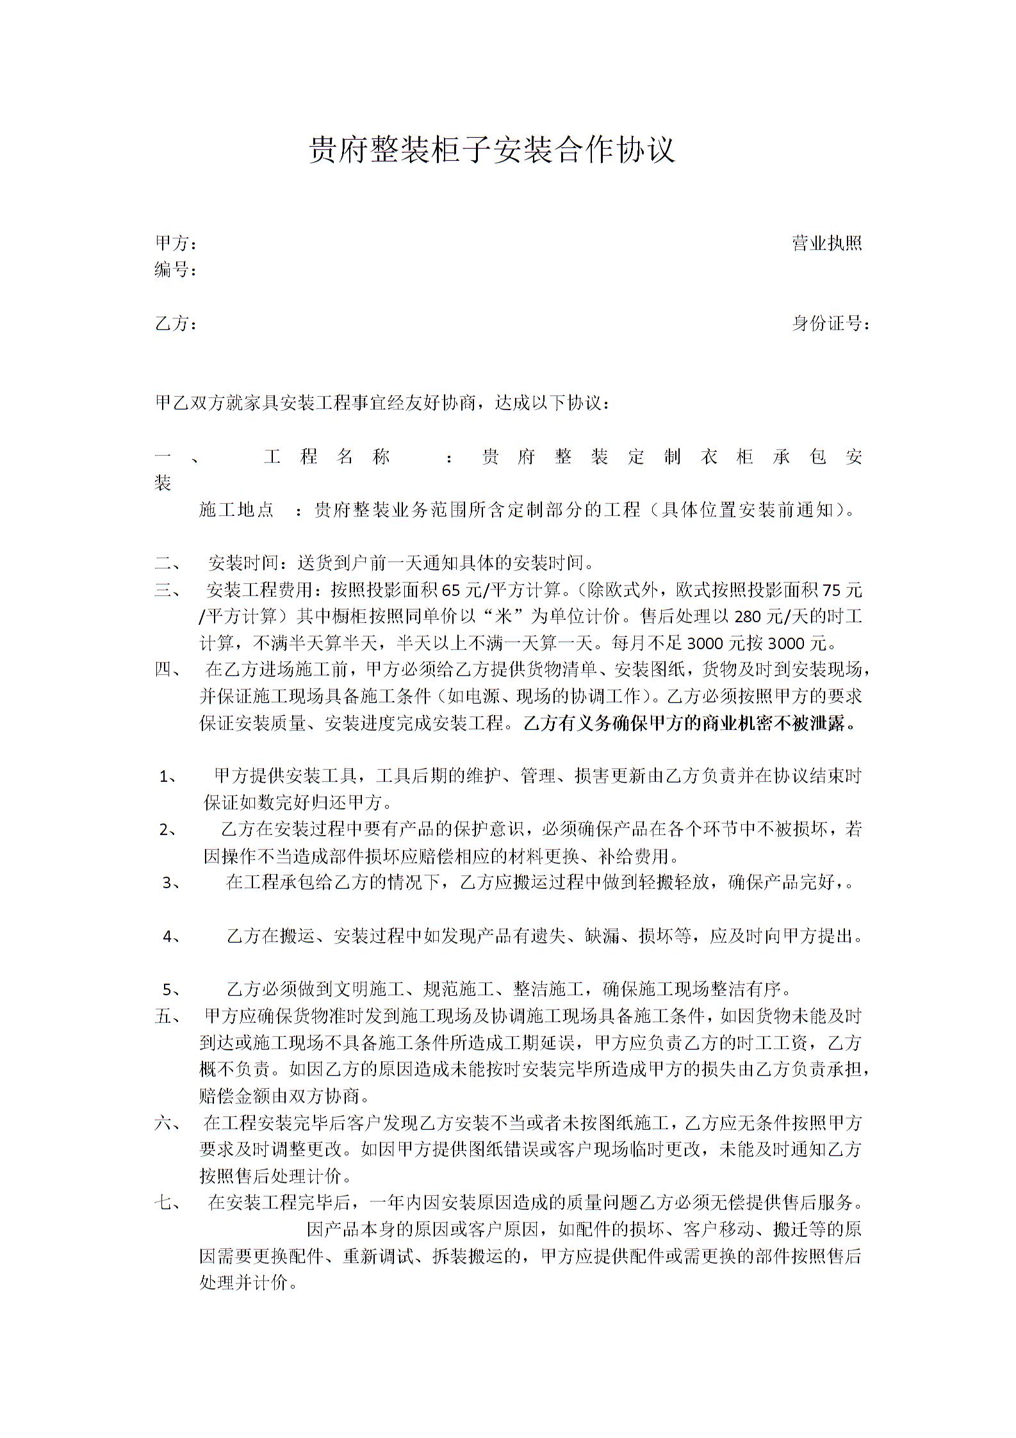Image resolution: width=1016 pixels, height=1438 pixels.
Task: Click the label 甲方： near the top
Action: tap(176, 244)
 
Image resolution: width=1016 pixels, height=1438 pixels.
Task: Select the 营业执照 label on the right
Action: tap(826, 244)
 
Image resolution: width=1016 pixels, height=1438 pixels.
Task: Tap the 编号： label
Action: tap(176, 270)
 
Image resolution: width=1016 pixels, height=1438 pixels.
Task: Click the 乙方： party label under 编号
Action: tap(176, 324)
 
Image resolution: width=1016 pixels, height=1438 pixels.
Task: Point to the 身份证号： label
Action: tap(831, 324)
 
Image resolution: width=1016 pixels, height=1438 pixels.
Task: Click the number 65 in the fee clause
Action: tap(451, 590)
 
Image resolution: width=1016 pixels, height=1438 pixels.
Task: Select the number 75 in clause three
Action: tap(830, 590)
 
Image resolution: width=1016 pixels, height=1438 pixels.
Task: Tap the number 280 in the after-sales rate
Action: tap(748, 616)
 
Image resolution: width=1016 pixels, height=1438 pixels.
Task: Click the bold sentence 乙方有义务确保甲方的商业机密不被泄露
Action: tap(689, 724)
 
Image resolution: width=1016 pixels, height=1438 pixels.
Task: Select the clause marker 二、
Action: tap(168, 564)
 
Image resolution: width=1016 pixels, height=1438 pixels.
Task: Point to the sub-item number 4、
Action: tap(172, 937)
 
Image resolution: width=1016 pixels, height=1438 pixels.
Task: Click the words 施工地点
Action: tap(236, 510)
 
